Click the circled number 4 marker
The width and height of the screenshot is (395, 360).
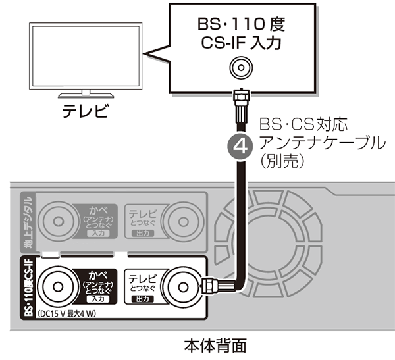(x=240, y=144)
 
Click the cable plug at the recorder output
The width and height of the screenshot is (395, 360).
(x=211, y=287)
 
